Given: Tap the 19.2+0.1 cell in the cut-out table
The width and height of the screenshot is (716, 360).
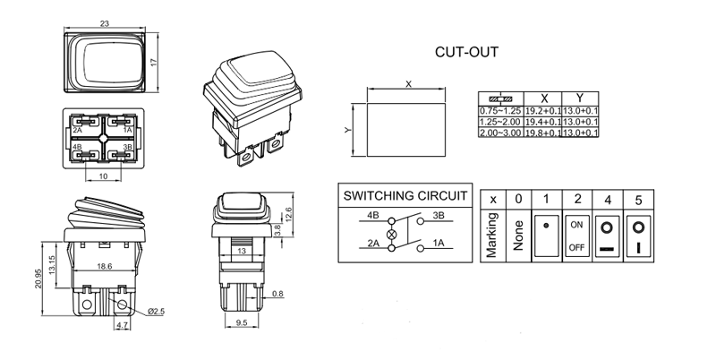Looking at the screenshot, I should pyautogui.click(x=543, y=110).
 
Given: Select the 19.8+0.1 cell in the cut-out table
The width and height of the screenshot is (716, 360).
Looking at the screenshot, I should pyautogui.click(x=543, y=132).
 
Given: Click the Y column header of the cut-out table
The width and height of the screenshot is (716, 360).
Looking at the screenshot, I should pyautogui.click(x=580, y=98).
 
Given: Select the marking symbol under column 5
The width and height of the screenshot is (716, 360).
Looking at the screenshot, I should pyautogui.click(x=637, y=236).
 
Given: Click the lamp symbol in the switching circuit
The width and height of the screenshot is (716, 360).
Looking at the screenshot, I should pyautogui.click(x=390, y=229).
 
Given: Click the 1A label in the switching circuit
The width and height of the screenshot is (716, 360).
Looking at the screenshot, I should pyautogui.click(x=439, y=243).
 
